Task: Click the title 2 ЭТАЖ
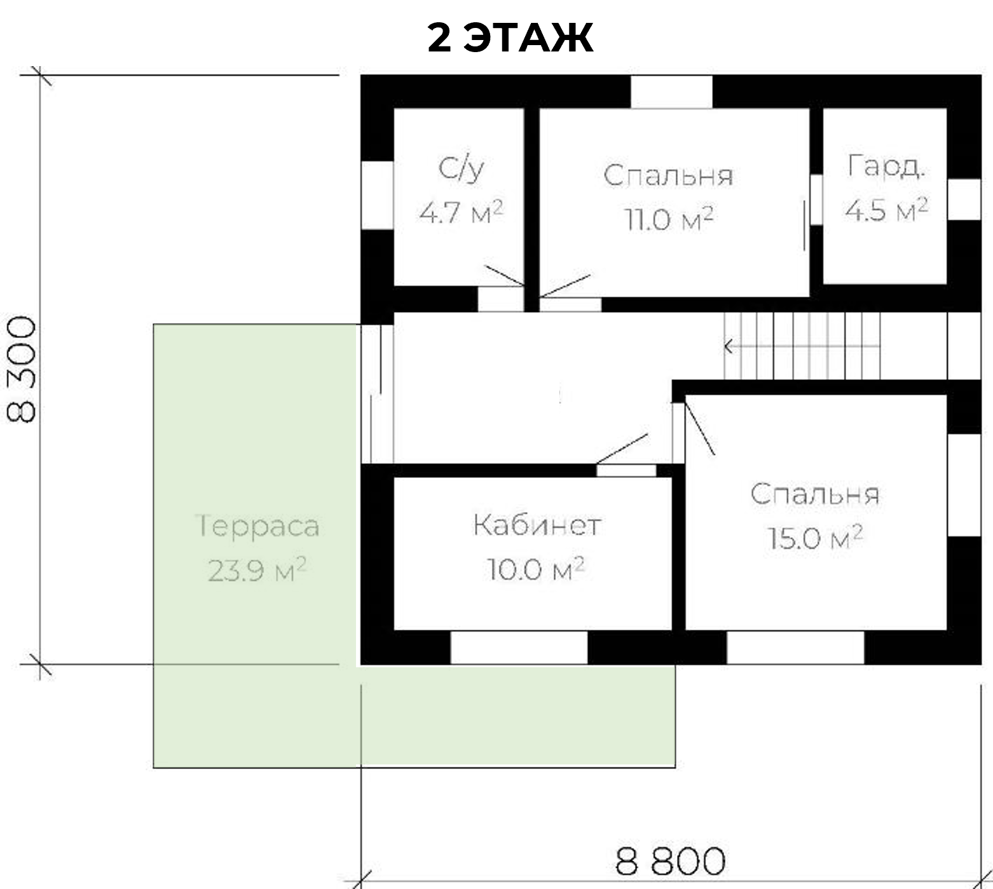pos(510,37)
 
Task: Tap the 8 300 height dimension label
pos(22,370)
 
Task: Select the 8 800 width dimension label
pos(670,861)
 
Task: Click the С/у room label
pos(462,169)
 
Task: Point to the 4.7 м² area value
pos(461,212)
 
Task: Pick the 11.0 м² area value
pos(669,219)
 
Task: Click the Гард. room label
pos(886,166)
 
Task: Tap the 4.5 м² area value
pos(886,209)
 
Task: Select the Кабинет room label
pos(537,526)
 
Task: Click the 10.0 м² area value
pos(536,569)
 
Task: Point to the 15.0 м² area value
pos(815,538)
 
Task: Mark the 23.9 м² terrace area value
pos(257,570)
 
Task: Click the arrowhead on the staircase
pos(729,347)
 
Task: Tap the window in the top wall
pos(671,92)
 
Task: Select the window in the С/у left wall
pos(378,195)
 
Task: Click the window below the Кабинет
pos(519,647)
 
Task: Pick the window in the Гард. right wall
pos(964,200)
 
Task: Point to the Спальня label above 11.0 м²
pos(668,176)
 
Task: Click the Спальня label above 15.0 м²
pos(815,494)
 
